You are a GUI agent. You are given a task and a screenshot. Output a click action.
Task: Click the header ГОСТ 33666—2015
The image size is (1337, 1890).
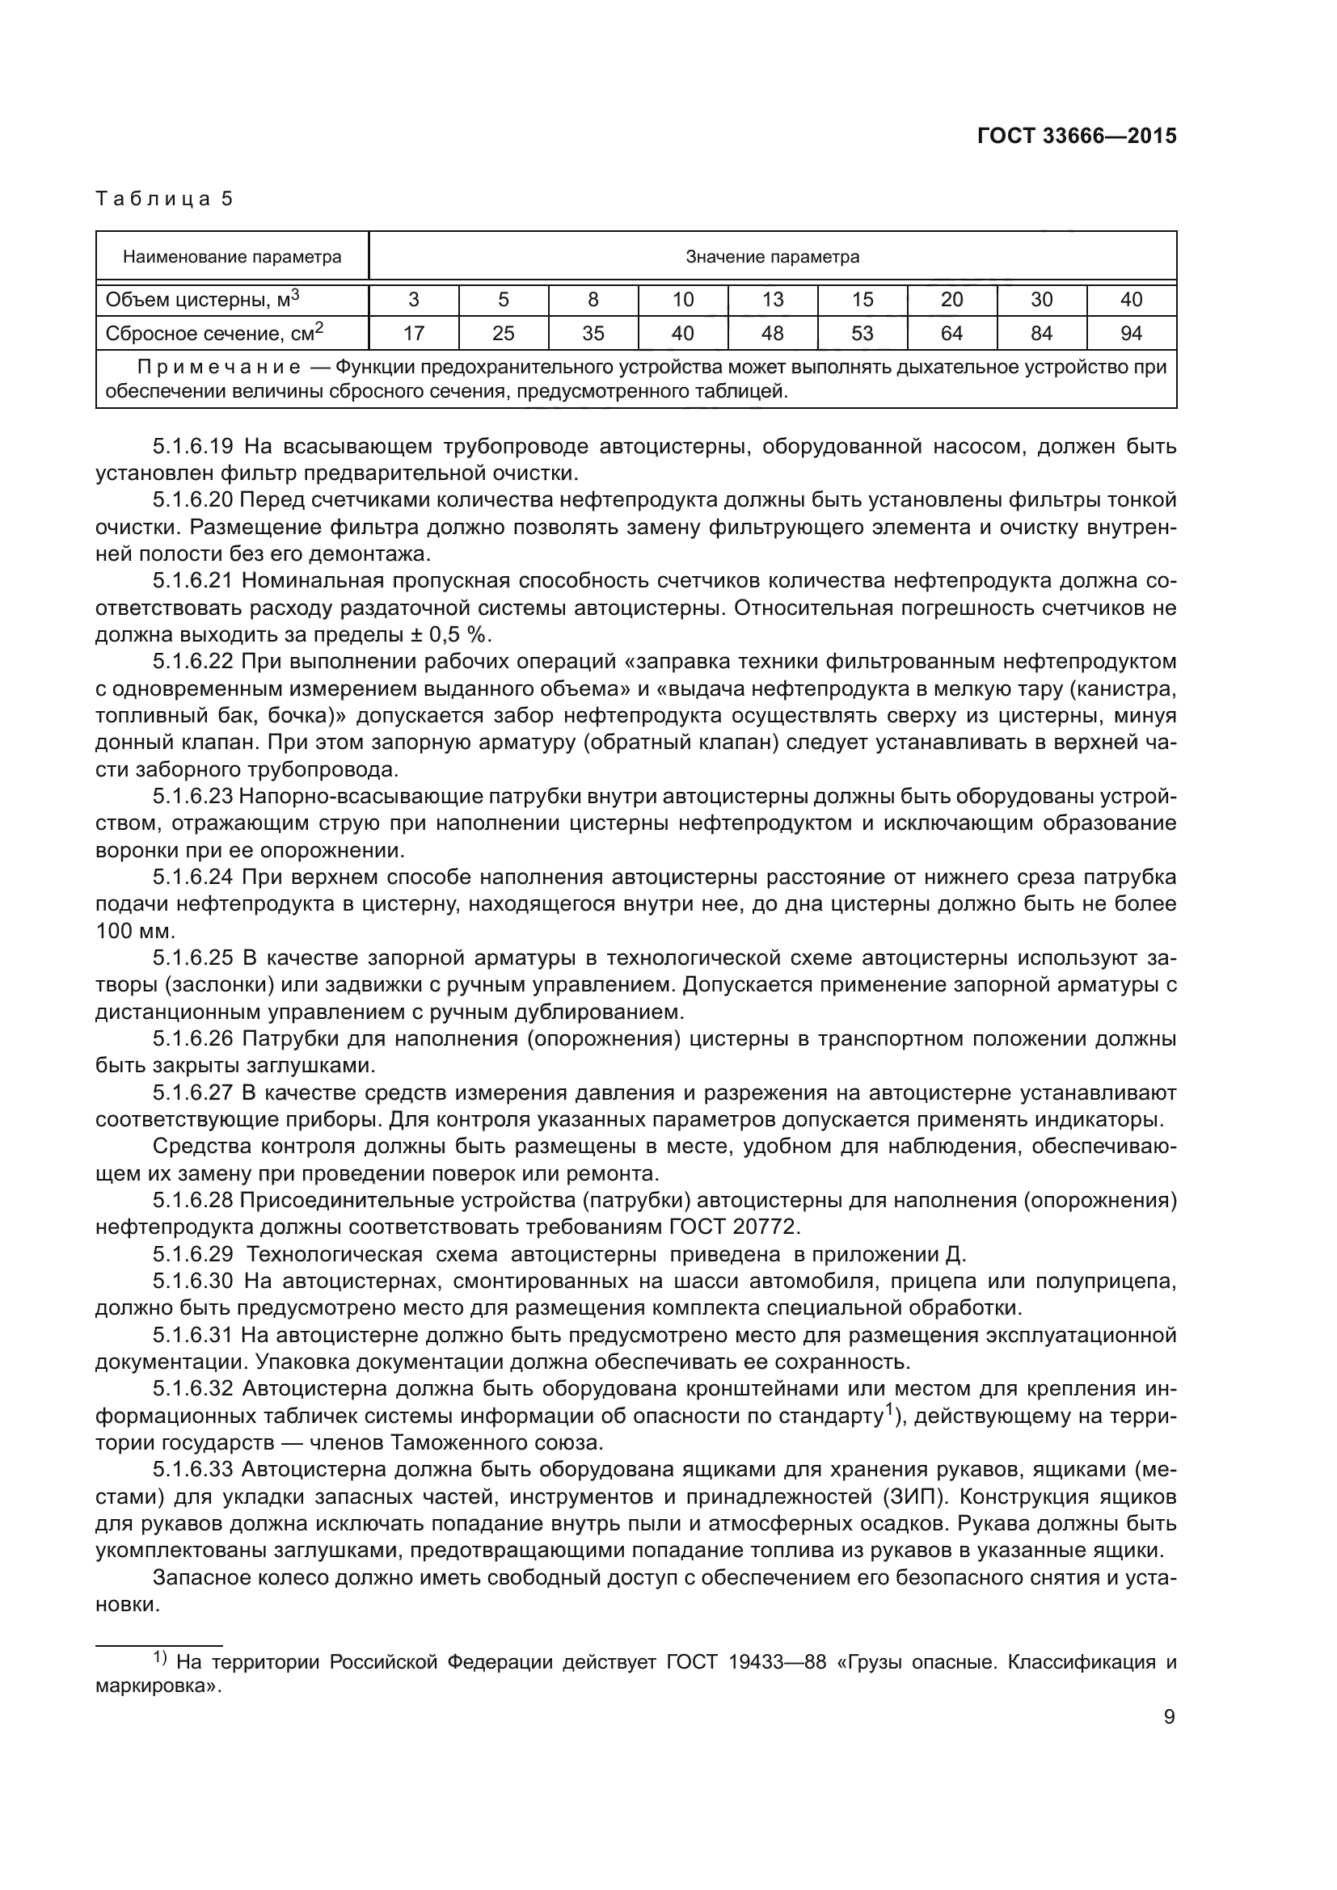coord(1076,137)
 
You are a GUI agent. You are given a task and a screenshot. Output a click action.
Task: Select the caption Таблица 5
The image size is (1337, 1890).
coord(165,199)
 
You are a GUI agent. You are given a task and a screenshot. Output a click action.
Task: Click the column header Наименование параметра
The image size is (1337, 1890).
coord(232,257)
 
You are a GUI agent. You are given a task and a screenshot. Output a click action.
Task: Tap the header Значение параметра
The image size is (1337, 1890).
coord(772,257)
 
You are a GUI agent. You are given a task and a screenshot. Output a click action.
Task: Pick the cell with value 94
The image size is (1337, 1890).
coord(1131,334)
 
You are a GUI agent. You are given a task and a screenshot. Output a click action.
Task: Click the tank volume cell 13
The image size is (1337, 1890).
coord(772,300)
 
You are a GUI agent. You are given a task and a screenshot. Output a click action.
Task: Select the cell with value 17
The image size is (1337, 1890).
coord(414,334)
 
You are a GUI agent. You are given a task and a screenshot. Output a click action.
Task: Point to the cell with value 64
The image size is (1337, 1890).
coord(951,334)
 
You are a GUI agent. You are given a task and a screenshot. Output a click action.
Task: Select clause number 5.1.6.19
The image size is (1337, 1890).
coord(193,447)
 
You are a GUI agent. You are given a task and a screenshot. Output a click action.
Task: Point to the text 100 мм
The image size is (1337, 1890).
coord(135,931)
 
